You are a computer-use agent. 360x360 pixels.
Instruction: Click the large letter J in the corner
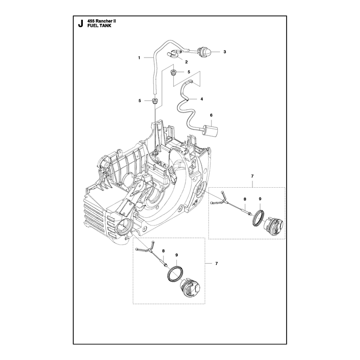(80, 24)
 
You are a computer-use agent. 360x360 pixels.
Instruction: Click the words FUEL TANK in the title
(99, 26)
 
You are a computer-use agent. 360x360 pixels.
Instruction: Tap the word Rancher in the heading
(103, 21)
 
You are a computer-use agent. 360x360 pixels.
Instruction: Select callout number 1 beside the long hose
(139, 58)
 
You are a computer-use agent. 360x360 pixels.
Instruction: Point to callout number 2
(186, 62)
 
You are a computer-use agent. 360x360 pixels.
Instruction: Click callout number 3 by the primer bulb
(225, 52)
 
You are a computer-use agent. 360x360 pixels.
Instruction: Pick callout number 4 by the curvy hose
(202, 99)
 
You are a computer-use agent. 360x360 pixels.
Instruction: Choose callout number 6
(211, 115)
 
